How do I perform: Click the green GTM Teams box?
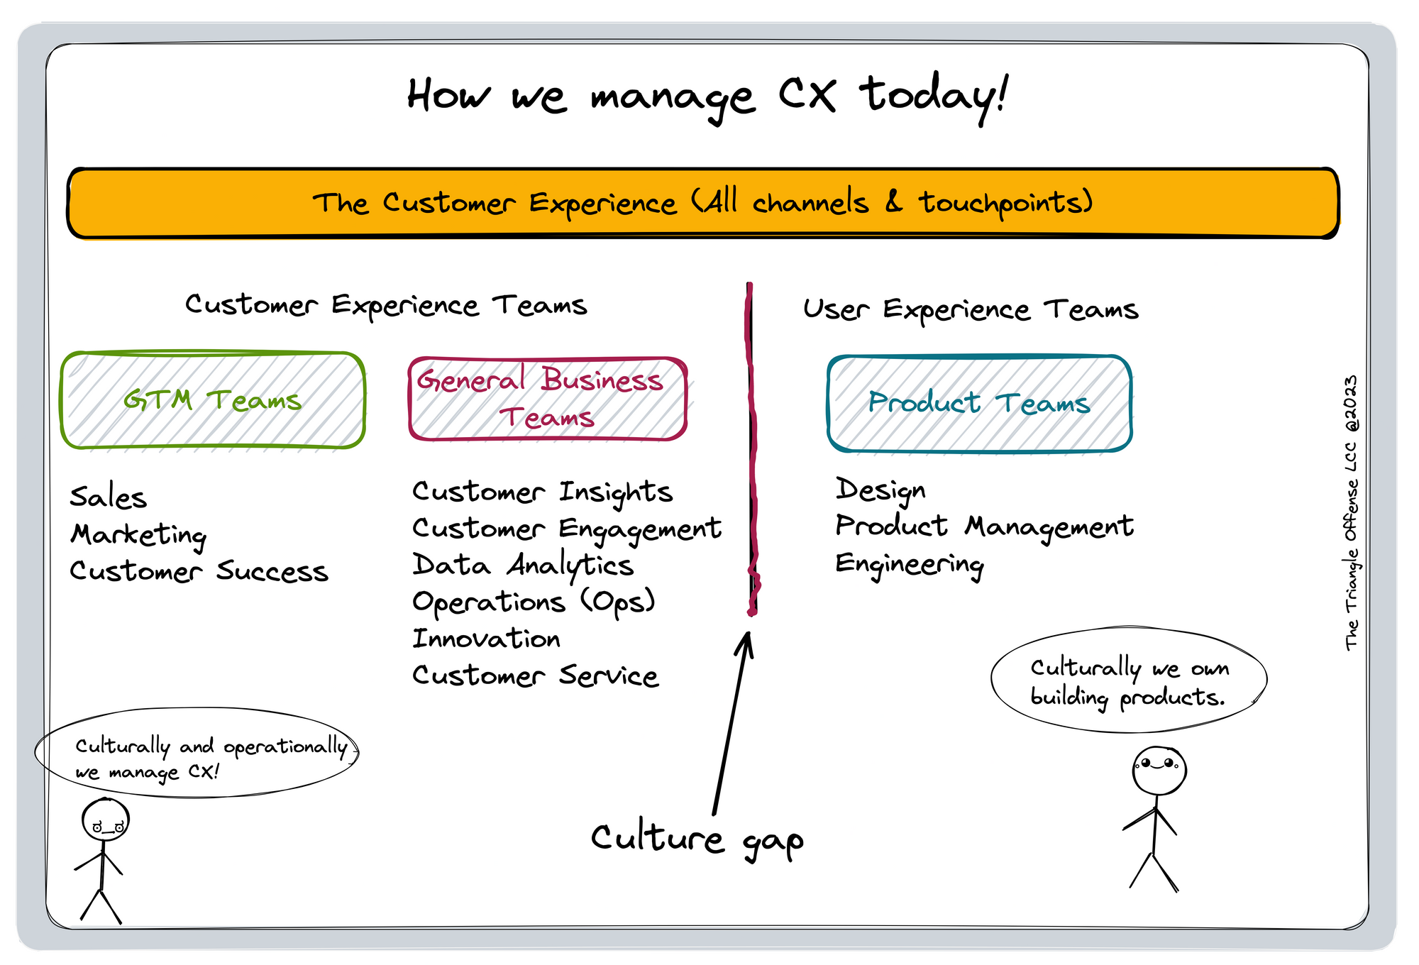click(x=213, y=400)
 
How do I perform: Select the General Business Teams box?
click(x=547, y=399)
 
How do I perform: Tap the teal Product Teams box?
click(x=979, y=403)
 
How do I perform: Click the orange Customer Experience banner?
click(x=702, y=203)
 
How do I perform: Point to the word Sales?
click(x=109, y=497)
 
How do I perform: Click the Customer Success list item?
click(x=199, y=572)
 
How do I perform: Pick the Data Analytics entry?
click(x=523, y=566)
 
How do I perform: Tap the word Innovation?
click(x=487, y=639)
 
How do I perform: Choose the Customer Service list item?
click(x=536, y=676)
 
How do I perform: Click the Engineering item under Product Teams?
click(x=910, y=565)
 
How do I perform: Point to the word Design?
click(x=880, y=490)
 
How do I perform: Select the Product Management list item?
click(x=984, y=527)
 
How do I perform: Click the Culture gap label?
click(x=697, y=839)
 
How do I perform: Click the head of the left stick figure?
click(x=106, y=820)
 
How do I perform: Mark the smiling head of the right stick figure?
click(x=1159, y=770)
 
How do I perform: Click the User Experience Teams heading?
click(x=971, y=310)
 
